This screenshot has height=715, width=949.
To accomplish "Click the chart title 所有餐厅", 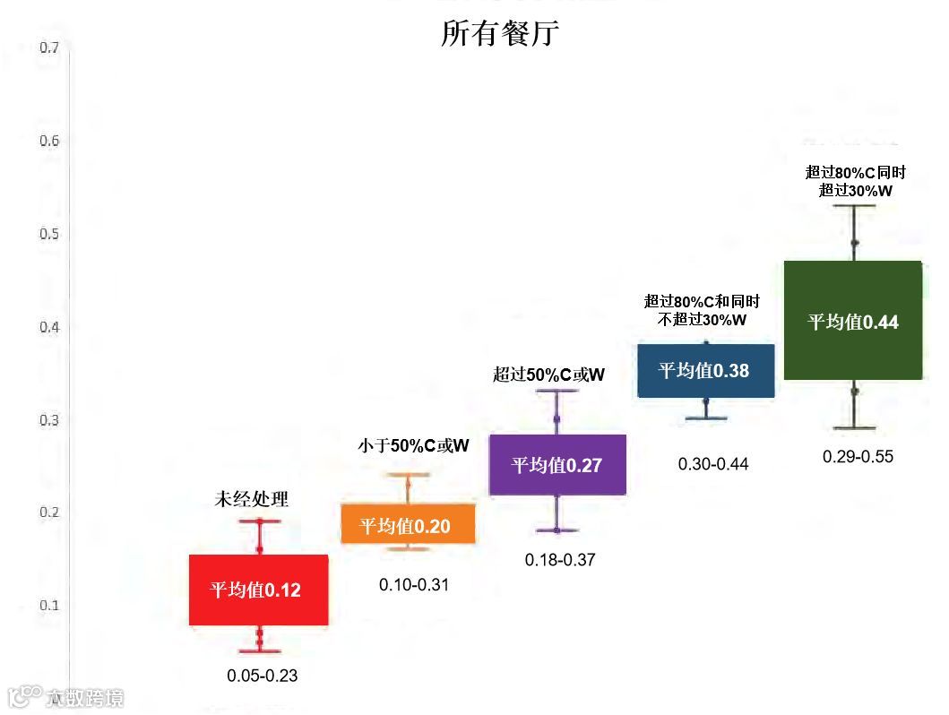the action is point(499,33).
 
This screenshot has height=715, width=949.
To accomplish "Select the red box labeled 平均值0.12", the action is point(258,590).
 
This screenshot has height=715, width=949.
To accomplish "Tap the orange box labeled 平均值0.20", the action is point(408,525).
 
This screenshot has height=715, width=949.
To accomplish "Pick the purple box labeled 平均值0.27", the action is point(557,464).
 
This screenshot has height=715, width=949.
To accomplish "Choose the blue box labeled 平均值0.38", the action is point(705,370).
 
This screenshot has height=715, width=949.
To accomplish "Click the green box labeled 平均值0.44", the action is point(853,321).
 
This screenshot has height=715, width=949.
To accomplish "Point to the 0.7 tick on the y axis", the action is point(49,47).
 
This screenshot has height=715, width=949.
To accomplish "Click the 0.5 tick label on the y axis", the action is point(49,234).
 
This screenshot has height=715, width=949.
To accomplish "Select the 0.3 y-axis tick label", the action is point(49,419).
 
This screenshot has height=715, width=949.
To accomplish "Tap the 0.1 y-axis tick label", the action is point(49,605).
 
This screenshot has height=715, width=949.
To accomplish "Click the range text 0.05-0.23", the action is point(263,676).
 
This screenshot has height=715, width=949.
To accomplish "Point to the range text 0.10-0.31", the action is point(414,585).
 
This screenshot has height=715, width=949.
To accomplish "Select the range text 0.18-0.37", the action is point(560,560).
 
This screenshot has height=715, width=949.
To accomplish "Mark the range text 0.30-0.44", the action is point(712,464).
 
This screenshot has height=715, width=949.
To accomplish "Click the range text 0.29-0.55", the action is point(858,457).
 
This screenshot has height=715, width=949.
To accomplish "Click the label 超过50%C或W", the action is point(548,375).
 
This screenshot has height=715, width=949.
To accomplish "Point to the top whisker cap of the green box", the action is point(854,206).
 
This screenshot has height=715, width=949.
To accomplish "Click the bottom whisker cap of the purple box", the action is point(556,530).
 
